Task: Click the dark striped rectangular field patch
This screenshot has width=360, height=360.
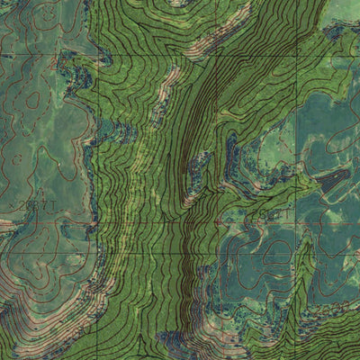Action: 334,181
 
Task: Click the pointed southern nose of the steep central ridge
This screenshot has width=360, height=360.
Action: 188,202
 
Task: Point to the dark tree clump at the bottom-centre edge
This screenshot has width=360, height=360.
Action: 175,342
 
